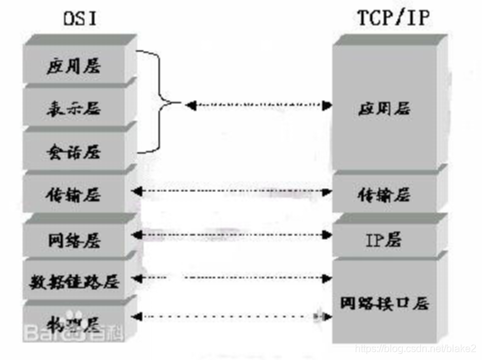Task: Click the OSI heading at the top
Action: click(x=80, y=18)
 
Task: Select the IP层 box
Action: click(x=383, y=240)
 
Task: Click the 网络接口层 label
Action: click(x=384, y=303)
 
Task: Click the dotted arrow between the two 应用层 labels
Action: click(x=258, y=105)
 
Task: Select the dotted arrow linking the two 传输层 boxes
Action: click(x=232, y=191)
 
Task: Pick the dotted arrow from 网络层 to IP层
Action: click(x=232, y=235)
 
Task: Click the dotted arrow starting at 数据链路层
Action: click(x=232, y=277)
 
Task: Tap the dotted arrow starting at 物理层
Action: click(x=232, y=316)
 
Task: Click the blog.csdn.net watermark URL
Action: click(x=416, y=349)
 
